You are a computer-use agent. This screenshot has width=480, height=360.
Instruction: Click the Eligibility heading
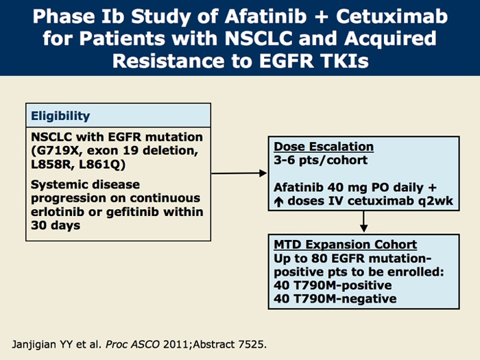click(60, 116)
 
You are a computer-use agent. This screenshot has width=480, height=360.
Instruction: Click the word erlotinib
click(61, 212)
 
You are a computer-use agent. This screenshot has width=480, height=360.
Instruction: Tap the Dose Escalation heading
click(324, 147)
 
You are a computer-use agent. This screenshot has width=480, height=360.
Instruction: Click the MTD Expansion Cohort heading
click(346, 245)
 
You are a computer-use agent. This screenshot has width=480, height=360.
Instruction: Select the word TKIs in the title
click(339, 60)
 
